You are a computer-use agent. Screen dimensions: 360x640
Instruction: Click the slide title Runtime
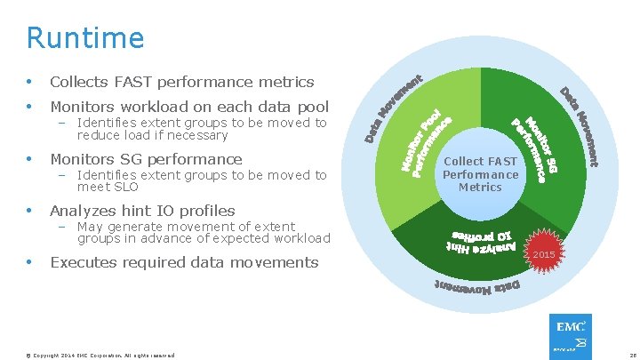point(84,38)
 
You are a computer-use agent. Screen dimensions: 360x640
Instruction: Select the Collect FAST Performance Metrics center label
point(480,175)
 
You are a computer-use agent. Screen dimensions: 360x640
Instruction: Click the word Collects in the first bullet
point(80,82)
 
